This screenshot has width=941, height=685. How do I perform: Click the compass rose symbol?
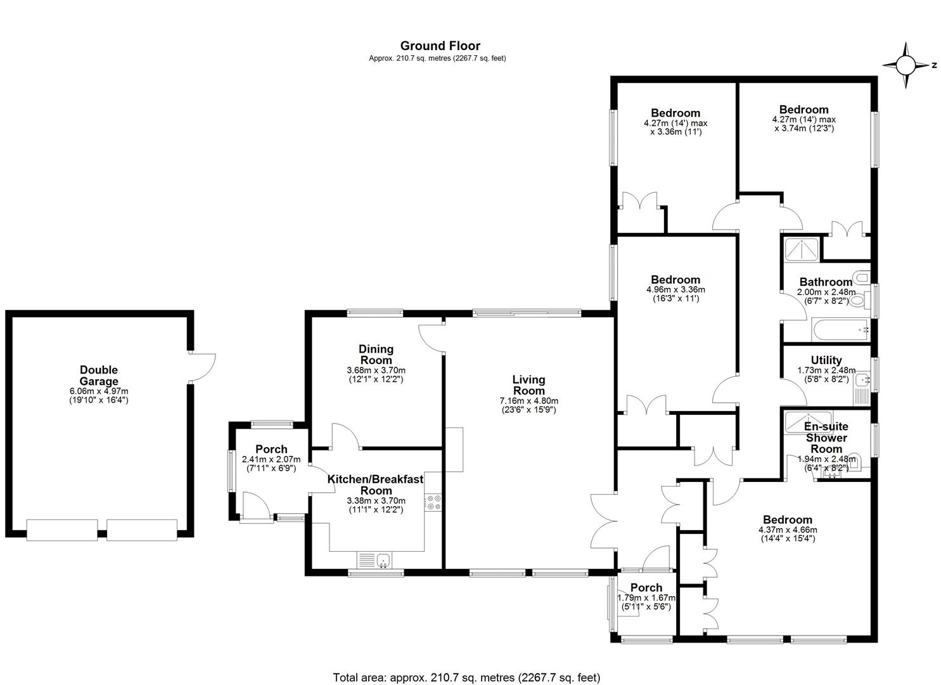point(906,65)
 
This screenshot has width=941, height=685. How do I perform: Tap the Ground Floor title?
point(440,46)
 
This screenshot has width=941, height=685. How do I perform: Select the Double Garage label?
point(99,375)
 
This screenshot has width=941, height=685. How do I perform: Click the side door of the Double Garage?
point(202,367)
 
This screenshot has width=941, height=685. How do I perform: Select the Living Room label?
point(528,385)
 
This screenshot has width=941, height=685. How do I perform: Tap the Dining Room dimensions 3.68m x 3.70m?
point(376,370)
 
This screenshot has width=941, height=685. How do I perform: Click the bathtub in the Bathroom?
point(841,330)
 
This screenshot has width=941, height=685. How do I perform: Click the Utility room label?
point(826,360)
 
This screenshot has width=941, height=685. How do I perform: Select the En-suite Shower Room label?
point(826,438)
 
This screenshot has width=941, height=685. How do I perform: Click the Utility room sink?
point(862,380)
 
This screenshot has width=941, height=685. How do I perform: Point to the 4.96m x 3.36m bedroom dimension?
point(675,289)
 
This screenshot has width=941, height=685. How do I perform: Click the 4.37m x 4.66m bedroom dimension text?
point(788,530)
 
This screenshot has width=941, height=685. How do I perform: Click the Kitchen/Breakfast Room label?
point(376,485)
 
